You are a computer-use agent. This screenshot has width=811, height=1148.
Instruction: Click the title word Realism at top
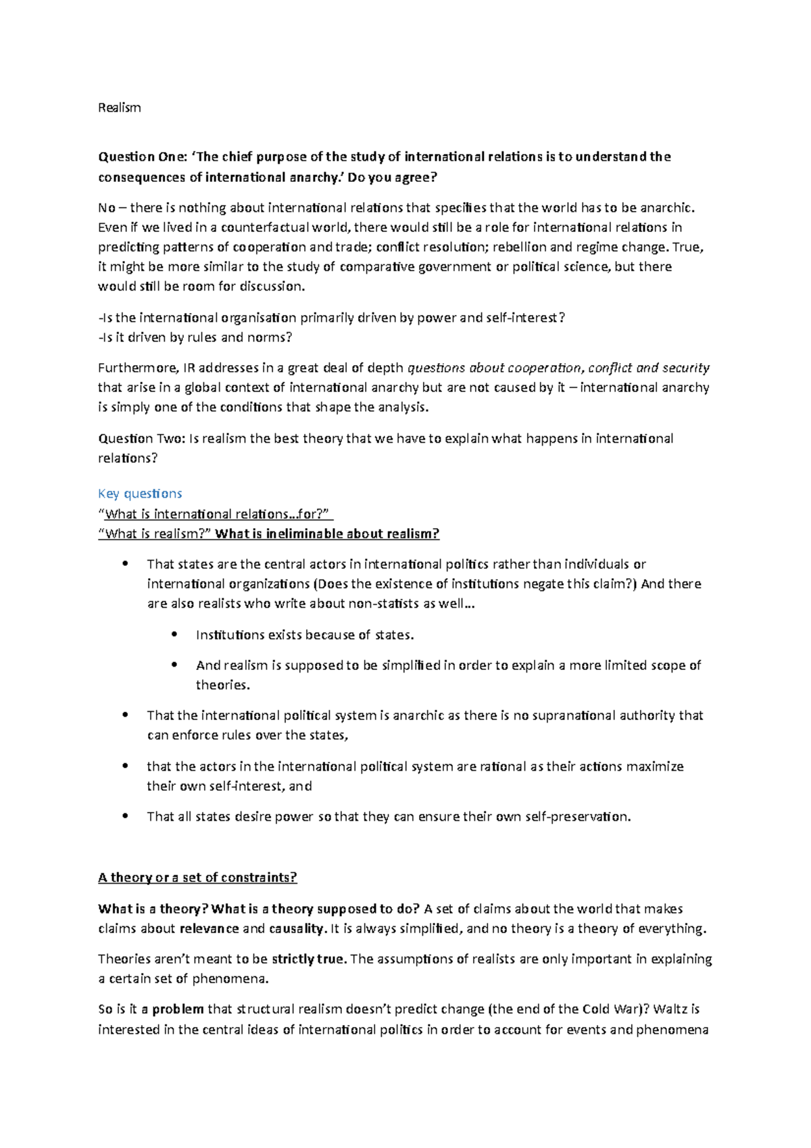click(x=119, y=107)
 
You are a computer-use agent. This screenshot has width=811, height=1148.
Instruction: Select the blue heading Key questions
click(x=140, y=494)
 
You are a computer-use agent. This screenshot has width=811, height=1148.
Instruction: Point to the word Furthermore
click(x=137, y=368)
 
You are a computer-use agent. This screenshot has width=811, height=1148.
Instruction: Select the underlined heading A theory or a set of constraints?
click(x=197, y=878)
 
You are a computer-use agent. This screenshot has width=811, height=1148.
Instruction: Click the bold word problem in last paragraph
click(x=178, y=1009)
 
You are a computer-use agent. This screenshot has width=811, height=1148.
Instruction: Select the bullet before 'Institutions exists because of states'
click(x=175, y=634)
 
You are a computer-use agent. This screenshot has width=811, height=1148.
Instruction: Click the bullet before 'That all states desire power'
click(x=125, y=816)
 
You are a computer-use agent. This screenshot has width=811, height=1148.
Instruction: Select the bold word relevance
click(x=210, y=928)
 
